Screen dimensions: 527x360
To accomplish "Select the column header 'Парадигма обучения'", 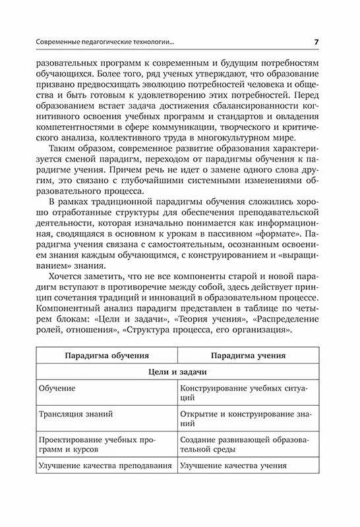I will pos(106,355).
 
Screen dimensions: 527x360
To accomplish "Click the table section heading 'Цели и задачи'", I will pos(178,372).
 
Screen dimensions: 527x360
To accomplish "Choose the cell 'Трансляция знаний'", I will pos(76,414).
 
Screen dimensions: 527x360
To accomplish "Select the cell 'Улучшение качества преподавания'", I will pos(105,466).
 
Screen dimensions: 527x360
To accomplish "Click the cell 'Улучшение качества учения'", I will pos(234,466).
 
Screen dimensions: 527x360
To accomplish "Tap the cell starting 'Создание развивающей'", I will pos(248,445).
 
